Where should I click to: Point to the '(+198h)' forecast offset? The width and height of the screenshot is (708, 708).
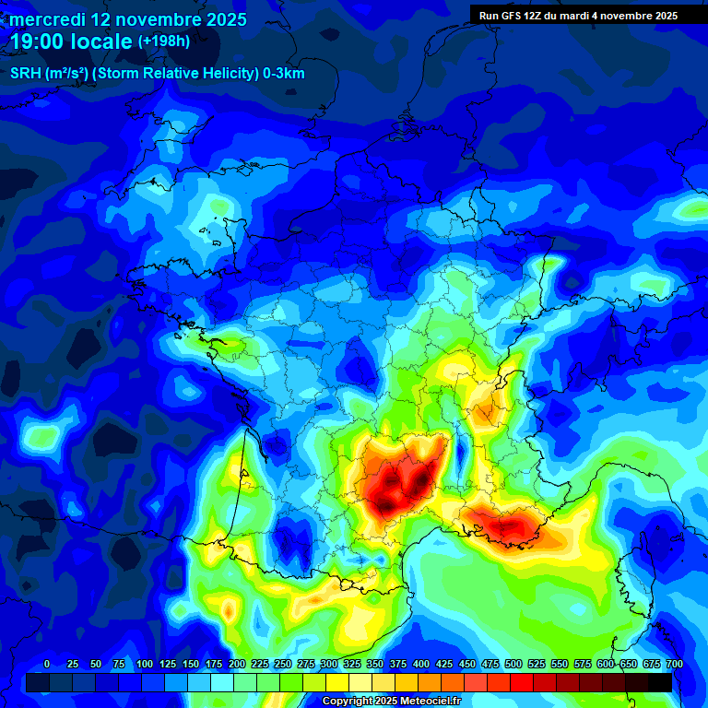(x=163, y=41)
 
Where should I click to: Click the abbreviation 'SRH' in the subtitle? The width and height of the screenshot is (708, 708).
(x=26, y=74)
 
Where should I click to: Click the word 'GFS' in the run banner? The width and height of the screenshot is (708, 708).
(x=514, y=16)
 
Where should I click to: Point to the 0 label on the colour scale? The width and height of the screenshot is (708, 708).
(x=47, y=664)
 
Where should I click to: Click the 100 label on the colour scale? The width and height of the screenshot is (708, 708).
(x=145, y=664)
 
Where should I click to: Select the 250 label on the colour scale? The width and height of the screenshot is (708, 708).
(x=283, y=664)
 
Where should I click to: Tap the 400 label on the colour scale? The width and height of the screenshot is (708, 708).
(x=421, y=664)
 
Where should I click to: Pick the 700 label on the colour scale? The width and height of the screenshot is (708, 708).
(x=674, y=664)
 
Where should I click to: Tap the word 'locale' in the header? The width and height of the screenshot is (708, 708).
(x=100, y=42)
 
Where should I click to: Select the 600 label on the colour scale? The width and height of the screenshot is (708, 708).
(x=606, y=664)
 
